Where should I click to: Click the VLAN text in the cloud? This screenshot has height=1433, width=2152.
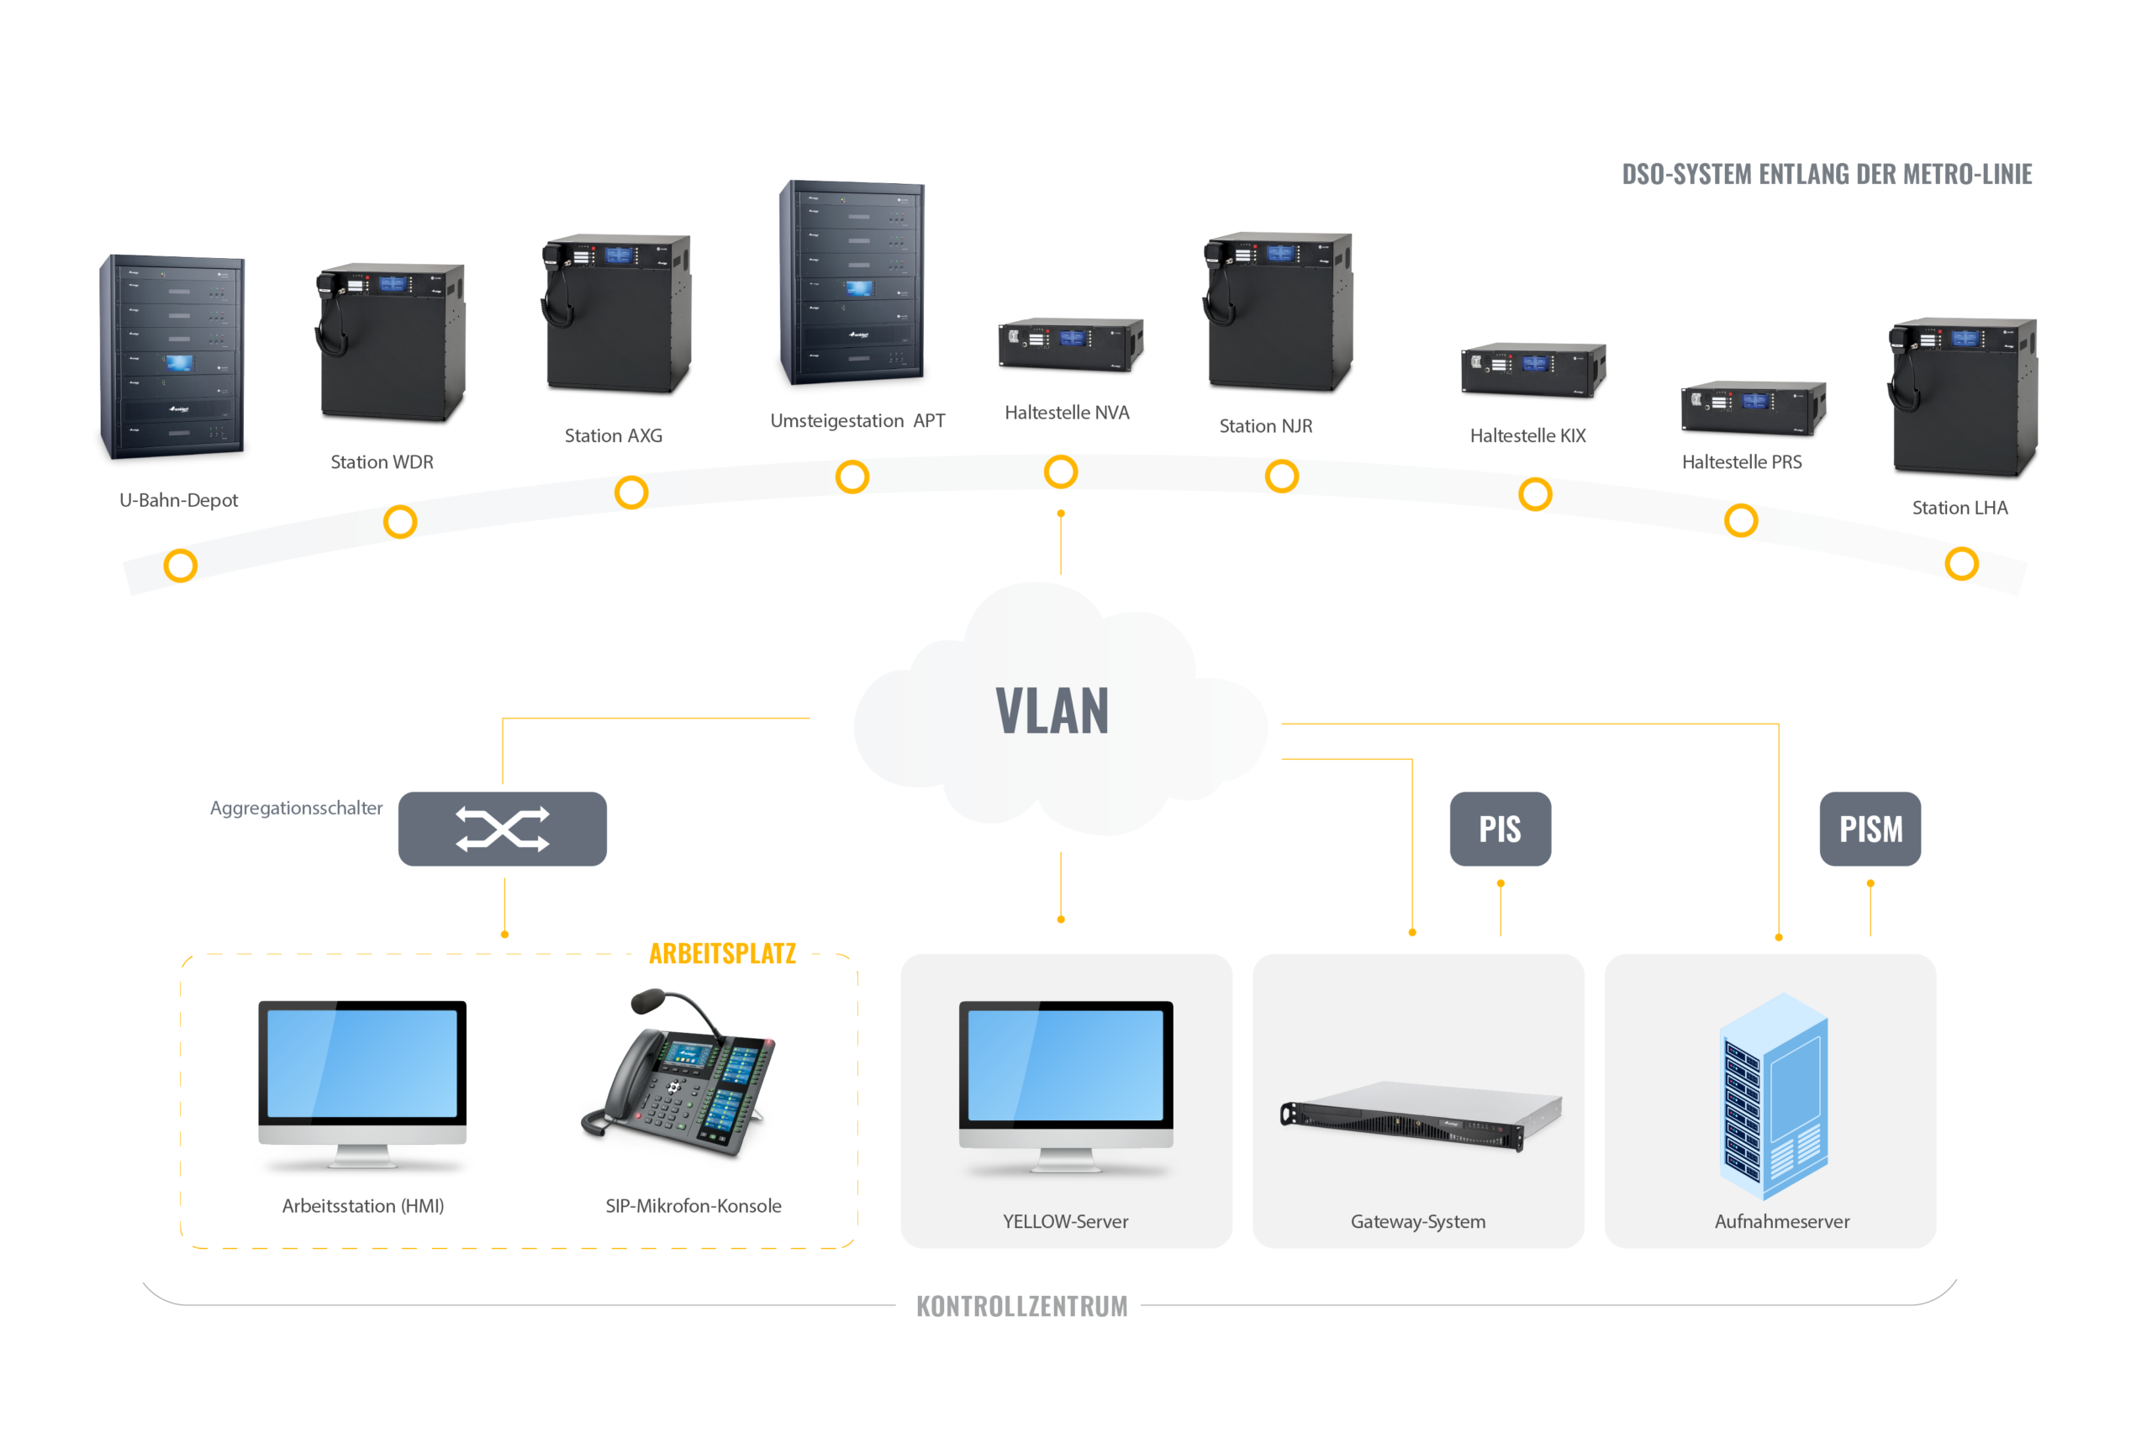[x=1052, y=711]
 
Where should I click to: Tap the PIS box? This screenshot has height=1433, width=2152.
[x=1500, y=829]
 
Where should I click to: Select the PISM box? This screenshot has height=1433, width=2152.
[x=1870, y=829]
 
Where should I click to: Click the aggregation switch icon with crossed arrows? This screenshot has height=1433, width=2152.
[x=503, y=829]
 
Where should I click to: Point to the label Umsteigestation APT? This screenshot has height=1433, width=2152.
[x=857, y=420]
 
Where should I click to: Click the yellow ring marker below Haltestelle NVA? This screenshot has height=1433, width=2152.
[x=1061, y=472]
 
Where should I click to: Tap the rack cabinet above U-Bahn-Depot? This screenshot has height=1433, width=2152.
[x=172, y=356]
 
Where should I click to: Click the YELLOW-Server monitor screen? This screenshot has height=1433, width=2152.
[x=1065, y=1065]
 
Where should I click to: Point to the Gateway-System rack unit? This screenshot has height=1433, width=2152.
[x=1421, y=1115]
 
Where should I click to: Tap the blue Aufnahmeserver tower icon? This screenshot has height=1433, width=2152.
[x=1774, y=1097]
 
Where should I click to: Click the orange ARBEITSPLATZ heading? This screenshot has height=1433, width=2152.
[x=722, y=953]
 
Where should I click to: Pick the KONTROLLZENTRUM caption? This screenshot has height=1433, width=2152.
[x=1021, y=1306]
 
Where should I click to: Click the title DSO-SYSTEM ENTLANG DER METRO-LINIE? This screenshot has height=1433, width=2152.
[x=1826, y=174]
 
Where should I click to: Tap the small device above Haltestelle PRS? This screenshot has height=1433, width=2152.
[x=1753, y=408]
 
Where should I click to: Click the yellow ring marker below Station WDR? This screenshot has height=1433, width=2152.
[x=400, y=522]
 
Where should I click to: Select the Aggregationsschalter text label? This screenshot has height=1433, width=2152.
[x=296, y=808]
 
